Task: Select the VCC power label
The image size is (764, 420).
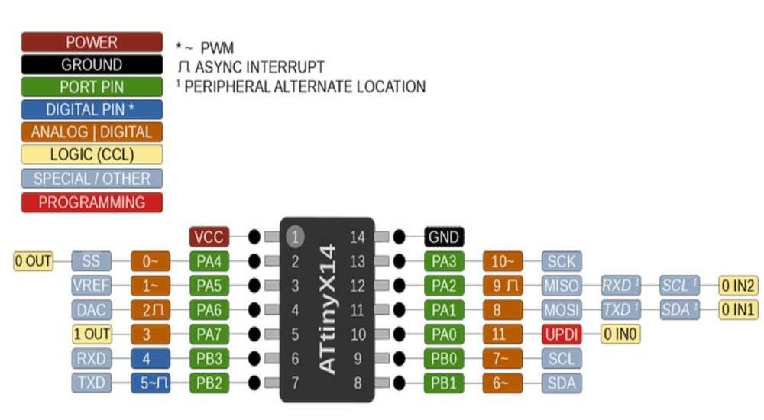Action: (209, 237)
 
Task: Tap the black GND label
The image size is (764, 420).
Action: (444, 237)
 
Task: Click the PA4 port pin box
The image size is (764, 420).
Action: (209, 261)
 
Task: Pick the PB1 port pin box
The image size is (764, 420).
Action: (444, 383)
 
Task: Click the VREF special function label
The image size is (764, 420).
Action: (92, 286)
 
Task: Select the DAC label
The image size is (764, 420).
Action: (92, 310)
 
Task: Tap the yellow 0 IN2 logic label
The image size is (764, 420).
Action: (739, 286)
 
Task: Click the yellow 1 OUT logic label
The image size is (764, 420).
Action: (92, 334)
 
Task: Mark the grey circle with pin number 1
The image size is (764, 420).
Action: (294, 237)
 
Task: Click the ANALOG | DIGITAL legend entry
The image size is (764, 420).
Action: (92, 132)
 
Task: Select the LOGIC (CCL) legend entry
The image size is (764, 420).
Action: (92, 155)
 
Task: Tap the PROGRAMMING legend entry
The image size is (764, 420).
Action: (92, 202)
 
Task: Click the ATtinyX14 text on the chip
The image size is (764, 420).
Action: (327, 309)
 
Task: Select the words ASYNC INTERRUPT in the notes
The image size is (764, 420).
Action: (258, 67)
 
